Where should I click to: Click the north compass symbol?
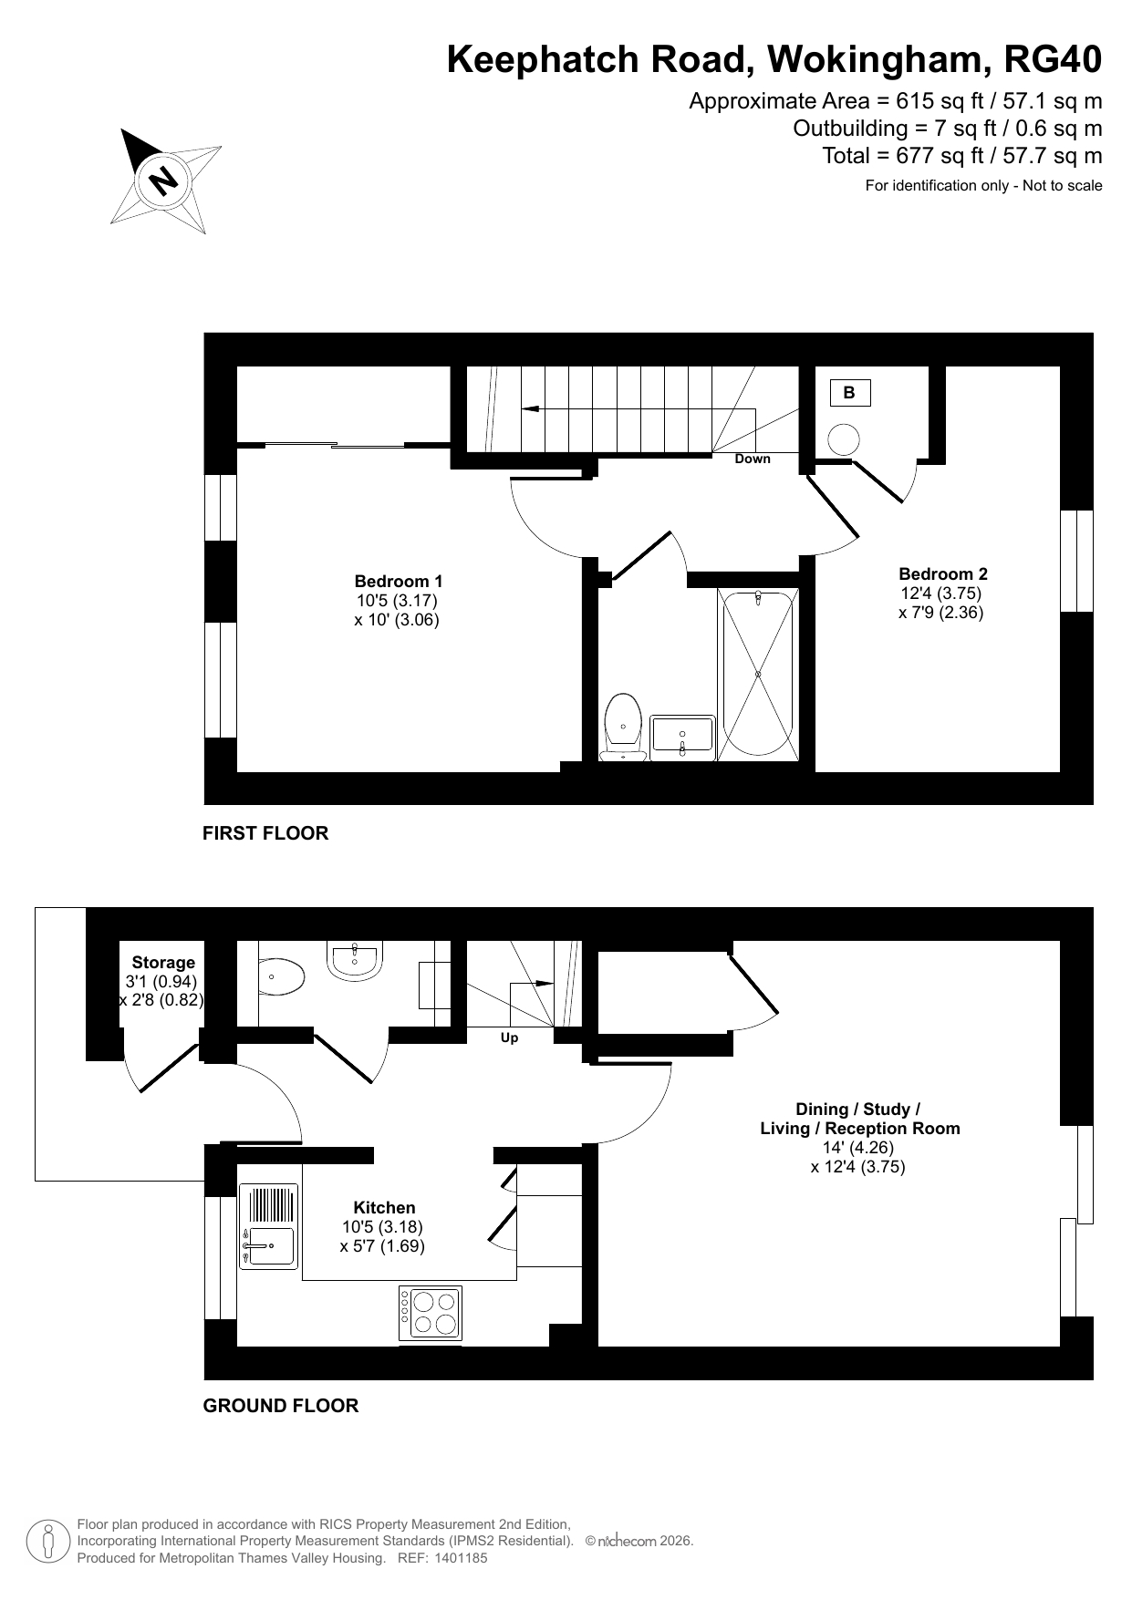[166, 180]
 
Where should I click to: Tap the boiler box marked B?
[849, 393]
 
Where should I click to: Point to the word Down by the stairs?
[753, 459]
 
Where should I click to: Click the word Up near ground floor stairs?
[509, 1037]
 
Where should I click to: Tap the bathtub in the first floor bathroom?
[758, 673]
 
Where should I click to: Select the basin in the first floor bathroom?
[682, 737]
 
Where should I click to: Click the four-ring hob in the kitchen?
[430, 1314]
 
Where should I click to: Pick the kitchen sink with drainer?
[268, 1226]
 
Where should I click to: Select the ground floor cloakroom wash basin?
[353, 963]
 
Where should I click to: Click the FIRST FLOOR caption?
[265, 832]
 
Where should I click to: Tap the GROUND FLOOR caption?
[281, 1406]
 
